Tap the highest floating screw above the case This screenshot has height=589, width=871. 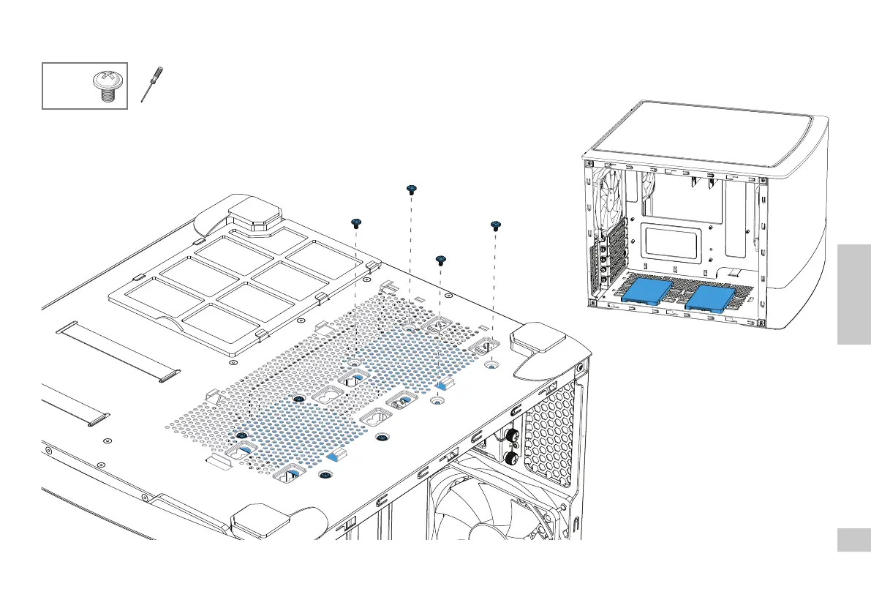(411, 190)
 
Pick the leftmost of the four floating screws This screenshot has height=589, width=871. (357, 222)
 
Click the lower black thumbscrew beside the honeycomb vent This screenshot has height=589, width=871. (510, 459)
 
